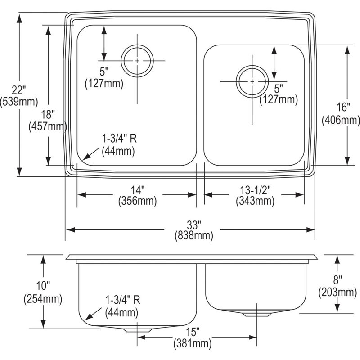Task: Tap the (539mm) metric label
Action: (19, 102)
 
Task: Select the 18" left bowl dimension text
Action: (48, 115)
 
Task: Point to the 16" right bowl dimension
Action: (343, 107)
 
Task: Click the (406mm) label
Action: (341, 120)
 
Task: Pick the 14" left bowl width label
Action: (138, 190)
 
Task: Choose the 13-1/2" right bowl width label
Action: (256, 190)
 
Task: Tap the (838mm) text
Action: (194, 236)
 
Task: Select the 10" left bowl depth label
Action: (43, 286)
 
